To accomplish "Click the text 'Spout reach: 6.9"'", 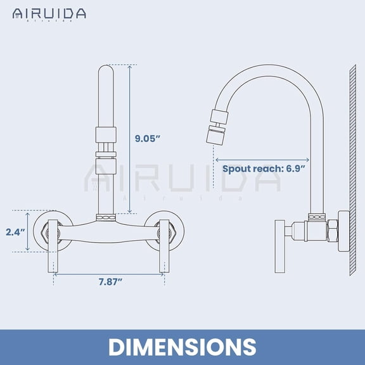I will point(264,169).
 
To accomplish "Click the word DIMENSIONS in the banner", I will point(182,347).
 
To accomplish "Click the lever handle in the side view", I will point(279,247).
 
